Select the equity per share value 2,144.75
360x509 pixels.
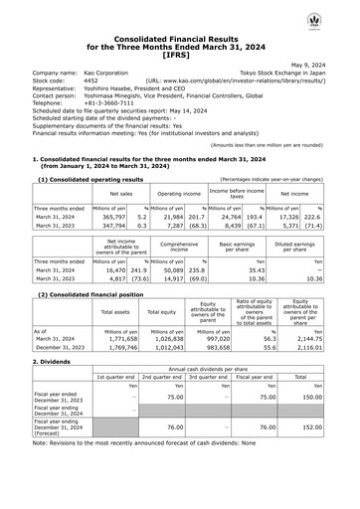click(x=323, y=339)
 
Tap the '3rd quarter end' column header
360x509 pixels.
click(x=210, y=378)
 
